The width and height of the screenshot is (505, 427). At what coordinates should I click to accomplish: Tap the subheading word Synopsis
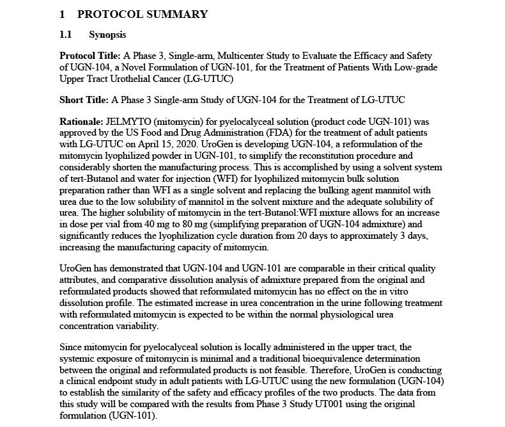pyautogui.click(x=107, y=35)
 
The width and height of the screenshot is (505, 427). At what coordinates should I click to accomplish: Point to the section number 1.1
pyautogui.click(x=66, y=35)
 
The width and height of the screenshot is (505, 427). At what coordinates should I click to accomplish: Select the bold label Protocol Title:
pyautogui.click(x=88, y=56)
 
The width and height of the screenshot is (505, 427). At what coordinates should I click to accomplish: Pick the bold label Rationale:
pyautogui.click(x=81, y=121)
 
